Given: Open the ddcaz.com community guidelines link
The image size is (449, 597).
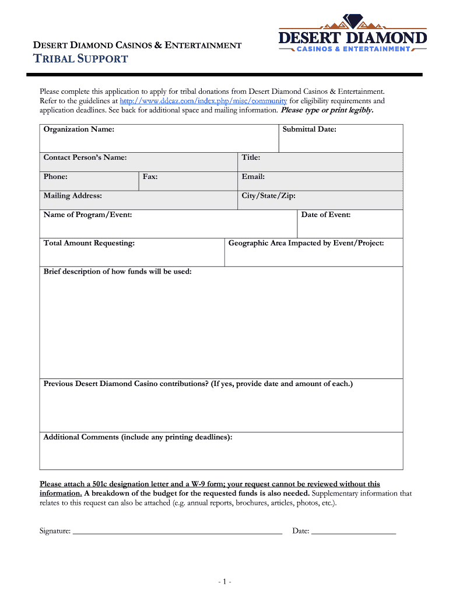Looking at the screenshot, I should [x=204, y=101].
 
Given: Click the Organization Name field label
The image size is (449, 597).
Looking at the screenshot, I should [x=79, y=129].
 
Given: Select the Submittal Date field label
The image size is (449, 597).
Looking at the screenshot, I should [x=309, y=129].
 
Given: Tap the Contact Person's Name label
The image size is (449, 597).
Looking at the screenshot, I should [x=85, y=157].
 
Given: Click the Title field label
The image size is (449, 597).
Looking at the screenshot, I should [x=251, y=157].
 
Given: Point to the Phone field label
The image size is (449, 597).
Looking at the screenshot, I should [x=55, y=177].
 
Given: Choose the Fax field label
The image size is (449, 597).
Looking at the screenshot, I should [x=150, y=177].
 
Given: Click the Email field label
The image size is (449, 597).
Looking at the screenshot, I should [x=253, y=177].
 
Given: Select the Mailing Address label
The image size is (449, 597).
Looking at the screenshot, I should [x=73, y=196].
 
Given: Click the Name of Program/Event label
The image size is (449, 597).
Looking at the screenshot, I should [x=87, y=215].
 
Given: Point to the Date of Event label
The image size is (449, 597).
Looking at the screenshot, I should [x=325, y=215].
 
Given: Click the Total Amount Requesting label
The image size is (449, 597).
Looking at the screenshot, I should [x=89, y=243].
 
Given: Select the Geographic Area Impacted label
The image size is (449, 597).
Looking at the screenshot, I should [x=306, y=243].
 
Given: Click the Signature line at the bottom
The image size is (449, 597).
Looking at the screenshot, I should [x=177, y=531].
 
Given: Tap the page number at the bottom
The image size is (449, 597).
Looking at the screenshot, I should [x=225, y=582].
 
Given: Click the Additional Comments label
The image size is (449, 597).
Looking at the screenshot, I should [x=138, y=437].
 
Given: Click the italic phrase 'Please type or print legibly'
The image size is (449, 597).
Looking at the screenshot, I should [x=327, y=110].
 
